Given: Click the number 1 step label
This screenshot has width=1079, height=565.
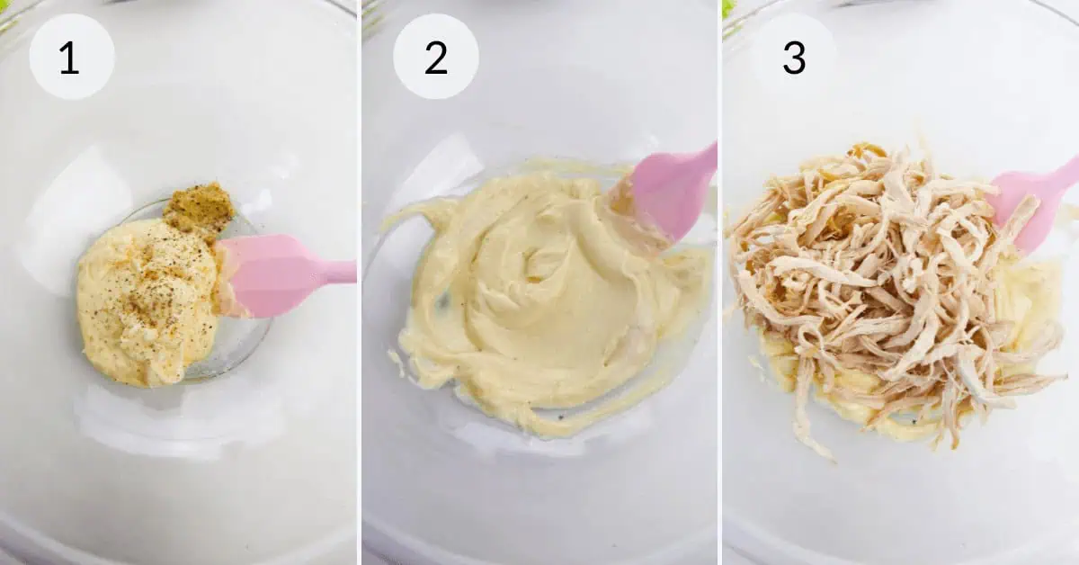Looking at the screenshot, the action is (x=69, y=58).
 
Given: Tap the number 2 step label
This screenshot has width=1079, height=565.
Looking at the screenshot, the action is (x=436, y=58).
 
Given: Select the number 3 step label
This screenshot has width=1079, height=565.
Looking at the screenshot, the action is (x=794, y=58).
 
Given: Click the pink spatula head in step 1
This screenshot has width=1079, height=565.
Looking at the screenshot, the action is (x=270, y=274).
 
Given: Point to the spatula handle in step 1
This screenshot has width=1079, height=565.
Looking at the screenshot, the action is (x=341, y=272).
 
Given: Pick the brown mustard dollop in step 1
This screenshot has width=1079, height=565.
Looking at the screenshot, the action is (x=199, y=207).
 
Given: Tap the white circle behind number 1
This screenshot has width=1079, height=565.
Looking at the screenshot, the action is (x=72, y=57).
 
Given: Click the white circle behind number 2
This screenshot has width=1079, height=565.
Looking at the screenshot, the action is (x=436, y=57).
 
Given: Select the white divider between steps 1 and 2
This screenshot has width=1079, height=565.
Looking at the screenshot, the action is (x=360, y=282).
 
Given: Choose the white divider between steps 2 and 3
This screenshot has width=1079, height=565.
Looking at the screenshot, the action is (x=719, y=282).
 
